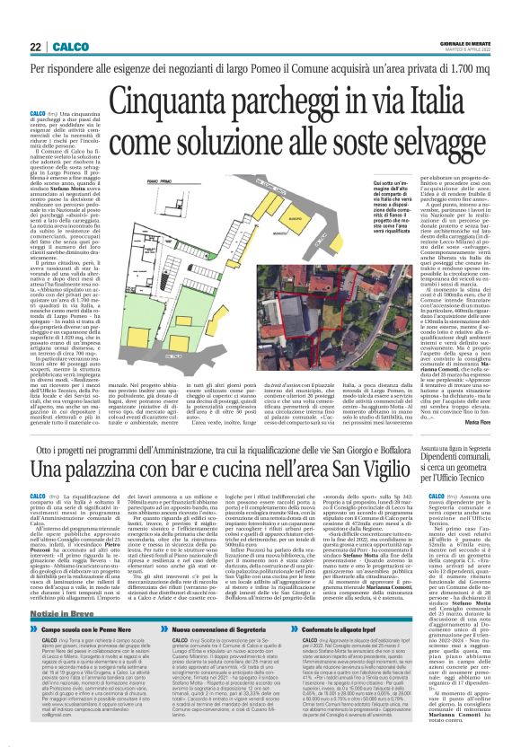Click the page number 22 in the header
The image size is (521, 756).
point(35,47)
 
